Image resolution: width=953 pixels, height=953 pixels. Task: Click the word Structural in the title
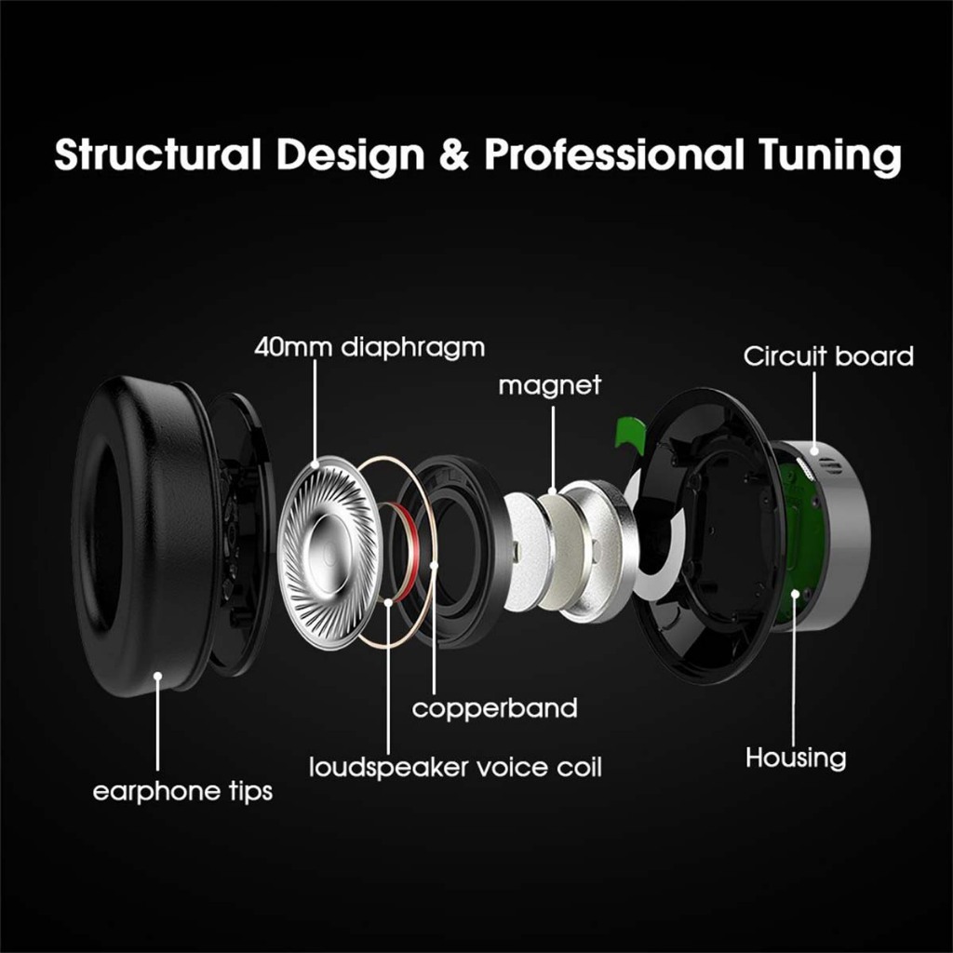click(x=156, y=154)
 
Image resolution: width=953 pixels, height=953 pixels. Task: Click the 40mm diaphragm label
click(x=369, y=348)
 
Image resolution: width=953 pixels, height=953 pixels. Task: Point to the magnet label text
click(x=550, y=385)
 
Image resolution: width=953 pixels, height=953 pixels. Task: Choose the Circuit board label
click(x=828, y=356)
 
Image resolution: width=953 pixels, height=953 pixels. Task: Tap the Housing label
click(x=796, y=758)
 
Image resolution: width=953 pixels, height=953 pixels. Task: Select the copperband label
click(x=494, y=708)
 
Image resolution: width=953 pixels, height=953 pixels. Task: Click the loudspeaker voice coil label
click(x=455, y=768)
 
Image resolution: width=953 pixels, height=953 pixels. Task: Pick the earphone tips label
click(x=182, y=792)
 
